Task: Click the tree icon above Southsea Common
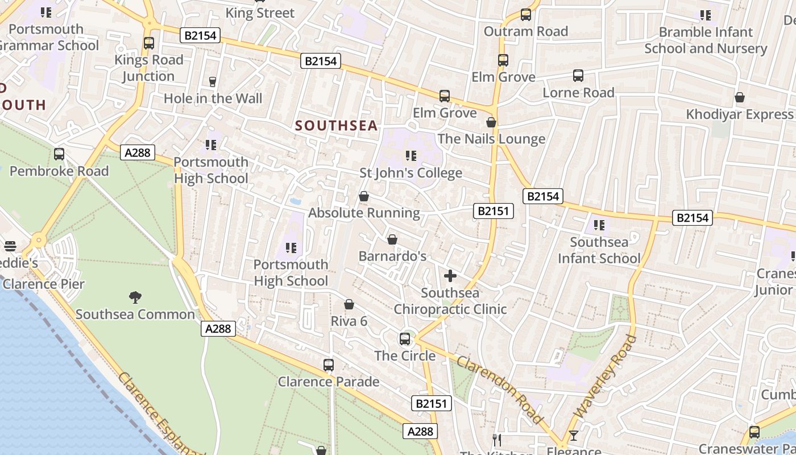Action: point(135,297)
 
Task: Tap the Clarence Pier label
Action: point(44,284)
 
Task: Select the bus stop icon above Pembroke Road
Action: point(59,154)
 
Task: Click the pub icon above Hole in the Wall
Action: point(213,81)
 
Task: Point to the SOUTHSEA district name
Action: point(337,126)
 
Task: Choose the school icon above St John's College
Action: point(411,155)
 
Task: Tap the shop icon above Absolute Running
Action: point(364,196)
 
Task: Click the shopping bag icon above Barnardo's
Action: point(392,239)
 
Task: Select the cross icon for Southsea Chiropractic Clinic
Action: point(450,276)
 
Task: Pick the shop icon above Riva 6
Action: point(349,305)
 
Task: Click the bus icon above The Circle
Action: point(405,339)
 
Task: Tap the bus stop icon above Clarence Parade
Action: point(328,365)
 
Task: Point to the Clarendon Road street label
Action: point(499,390)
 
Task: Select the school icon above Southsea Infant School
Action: point(599,225)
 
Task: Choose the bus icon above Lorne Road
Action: point(578,75)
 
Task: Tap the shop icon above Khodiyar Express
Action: point(739,97)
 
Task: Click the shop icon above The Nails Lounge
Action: point(491,122)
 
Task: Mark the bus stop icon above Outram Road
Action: point(526,15)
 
